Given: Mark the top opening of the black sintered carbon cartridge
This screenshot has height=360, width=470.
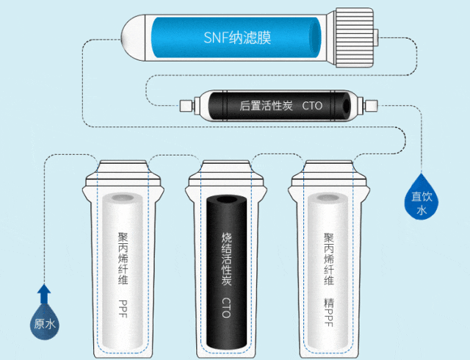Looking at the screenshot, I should pos(225,203).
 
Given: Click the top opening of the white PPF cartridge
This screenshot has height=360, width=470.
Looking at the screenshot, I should pos(123,201).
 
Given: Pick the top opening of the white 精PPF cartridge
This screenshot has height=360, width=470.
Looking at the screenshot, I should pos(329,201).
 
